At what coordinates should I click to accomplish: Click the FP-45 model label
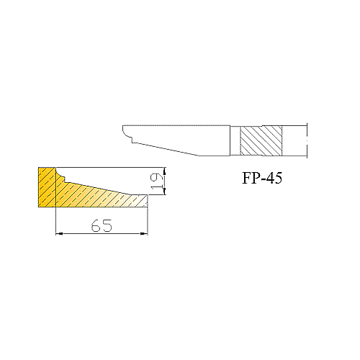click(x=262, y=178)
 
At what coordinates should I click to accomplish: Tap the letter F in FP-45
click(x=246, y=178)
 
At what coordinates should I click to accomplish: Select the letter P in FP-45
click(x=256, y=178)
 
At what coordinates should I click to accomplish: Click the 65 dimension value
click(x=102, y=225)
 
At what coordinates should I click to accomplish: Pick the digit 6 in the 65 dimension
click(x=96, y=225)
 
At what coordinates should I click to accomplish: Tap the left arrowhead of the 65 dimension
click(x=59, y=233)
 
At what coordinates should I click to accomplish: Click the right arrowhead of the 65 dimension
click(x=144, y=233)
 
